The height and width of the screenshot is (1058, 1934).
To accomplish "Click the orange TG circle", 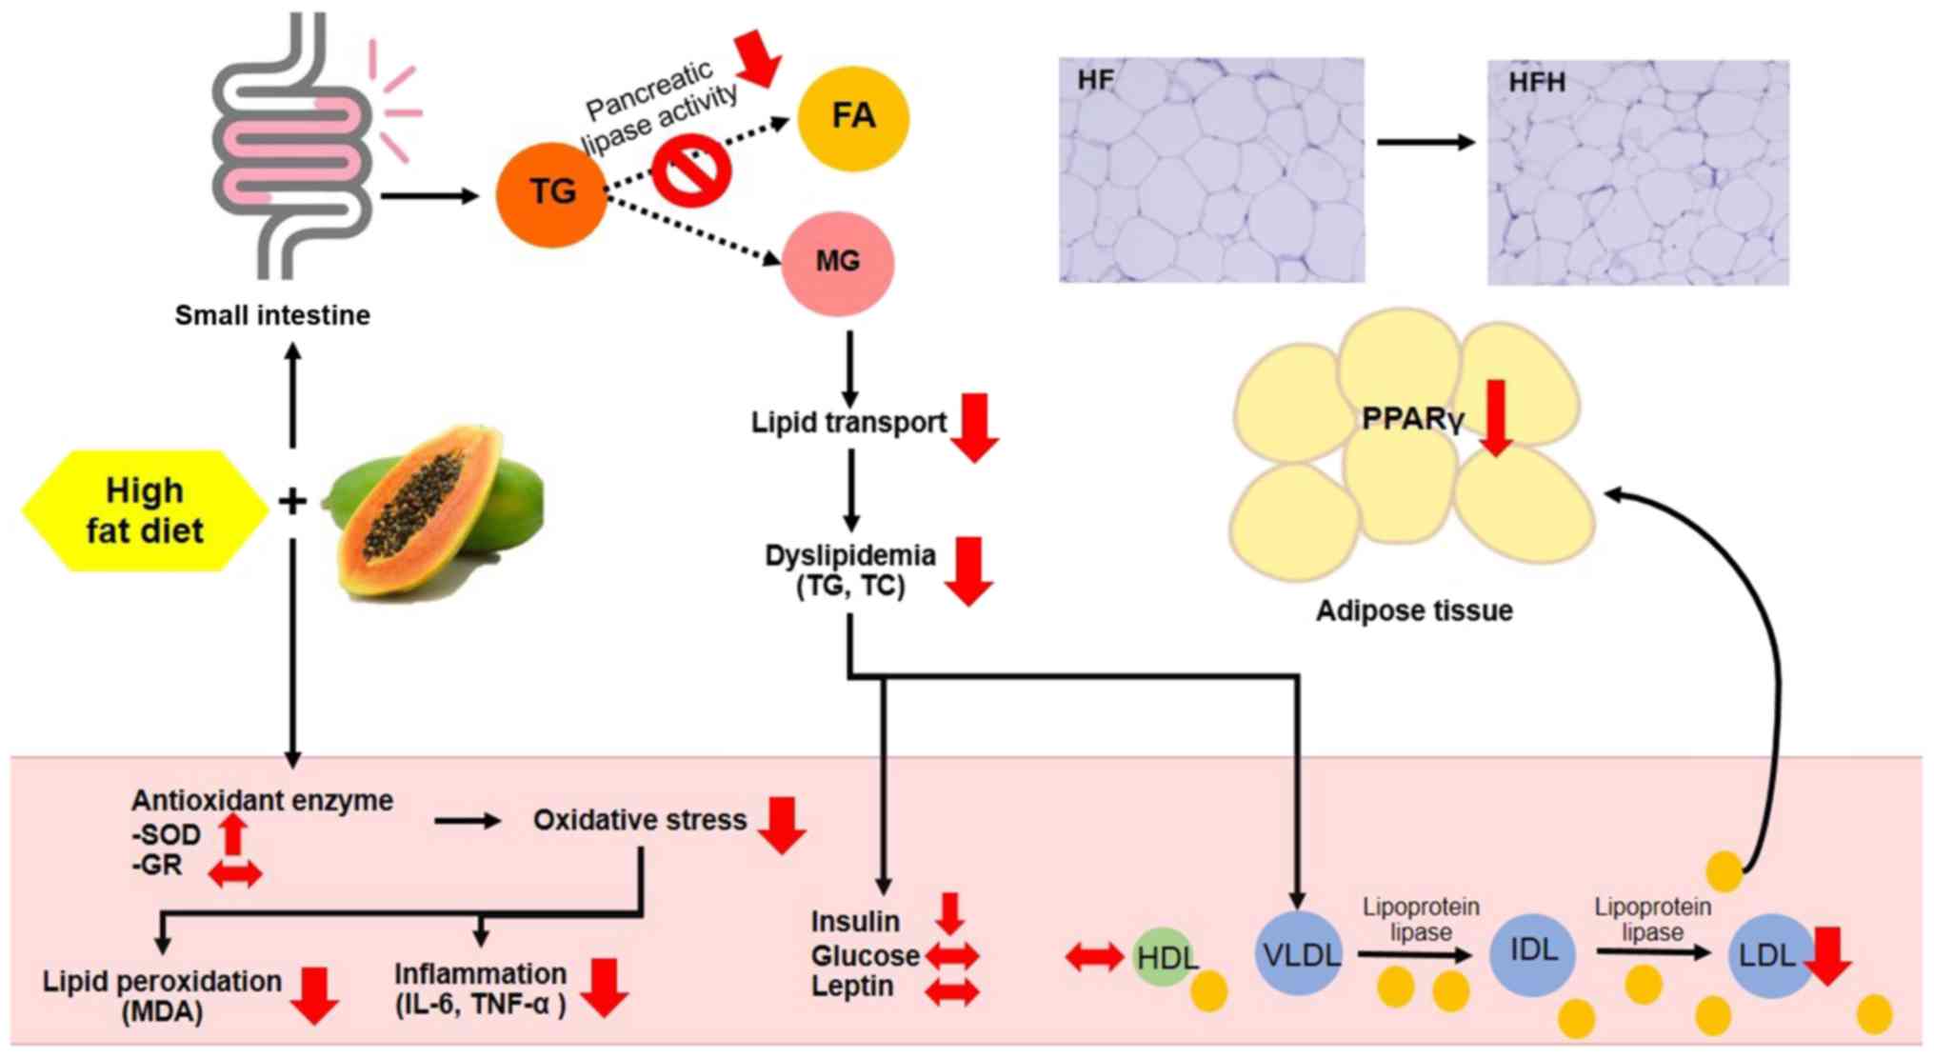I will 551,192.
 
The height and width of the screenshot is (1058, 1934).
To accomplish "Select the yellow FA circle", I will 853,117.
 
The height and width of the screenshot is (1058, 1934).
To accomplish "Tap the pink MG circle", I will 838,262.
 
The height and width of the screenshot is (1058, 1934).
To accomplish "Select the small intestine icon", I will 290,143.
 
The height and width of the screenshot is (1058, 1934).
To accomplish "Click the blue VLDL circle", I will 1300,954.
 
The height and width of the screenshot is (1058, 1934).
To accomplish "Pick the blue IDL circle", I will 1534,950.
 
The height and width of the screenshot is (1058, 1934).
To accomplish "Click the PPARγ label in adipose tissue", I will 1411,419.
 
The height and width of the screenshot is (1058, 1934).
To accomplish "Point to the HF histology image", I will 1211,170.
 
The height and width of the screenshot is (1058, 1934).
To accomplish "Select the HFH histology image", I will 1638,172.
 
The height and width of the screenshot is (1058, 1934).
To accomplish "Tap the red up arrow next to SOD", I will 232,833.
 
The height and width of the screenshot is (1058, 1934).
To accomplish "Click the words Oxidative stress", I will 639,820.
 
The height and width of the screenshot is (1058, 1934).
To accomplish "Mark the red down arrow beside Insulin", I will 949,913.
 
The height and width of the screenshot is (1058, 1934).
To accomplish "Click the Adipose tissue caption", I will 1414,610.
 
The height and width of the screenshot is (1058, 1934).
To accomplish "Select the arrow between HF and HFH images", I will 1426,143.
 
